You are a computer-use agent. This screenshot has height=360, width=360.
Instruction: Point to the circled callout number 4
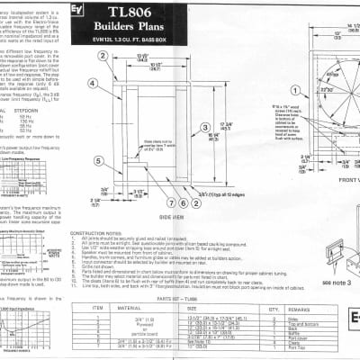point(94,108)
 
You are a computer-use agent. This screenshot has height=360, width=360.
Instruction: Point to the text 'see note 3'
point(340,282)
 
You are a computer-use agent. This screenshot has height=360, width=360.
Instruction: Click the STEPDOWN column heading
point(50,89)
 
